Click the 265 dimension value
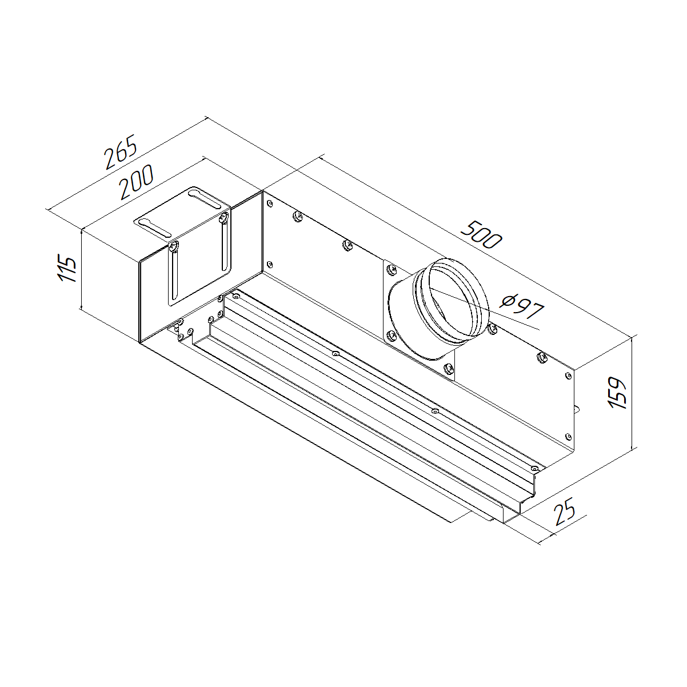pos(121,151)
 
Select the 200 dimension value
pos(136,182)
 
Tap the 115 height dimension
pos(67,268)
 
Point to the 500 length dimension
pos(481,234)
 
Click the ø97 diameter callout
pos(522,306)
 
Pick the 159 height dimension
pos(616,392)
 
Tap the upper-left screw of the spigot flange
pos(393,269)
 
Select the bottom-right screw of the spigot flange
pos(449,369)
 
